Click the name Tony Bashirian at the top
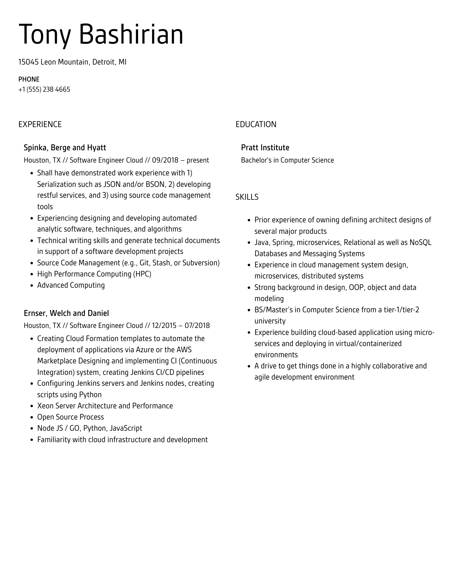pos(101,35)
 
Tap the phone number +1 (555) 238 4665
pos(44,89)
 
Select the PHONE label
pos(29,79)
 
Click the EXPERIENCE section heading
pos(40,124)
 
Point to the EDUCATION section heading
pos(256,124)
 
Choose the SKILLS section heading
pos(247,197)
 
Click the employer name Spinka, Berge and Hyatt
pos(65,147)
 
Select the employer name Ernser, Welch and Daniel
pos(66,313)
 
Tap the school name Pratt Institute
pos(265,147)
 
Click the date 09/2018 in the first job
pos(165,160)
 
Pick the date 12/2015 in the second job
pos(165,326)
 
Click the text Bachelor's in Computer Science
pos(287,160)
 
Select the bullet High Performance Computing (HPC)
pos(94,274)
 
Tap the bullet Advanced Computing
pos(71,285)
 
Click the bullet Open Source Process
pos(70,417)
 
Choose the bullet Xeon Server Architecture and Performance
pos(105,406)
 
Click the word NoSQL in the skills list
pos(420,242)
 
